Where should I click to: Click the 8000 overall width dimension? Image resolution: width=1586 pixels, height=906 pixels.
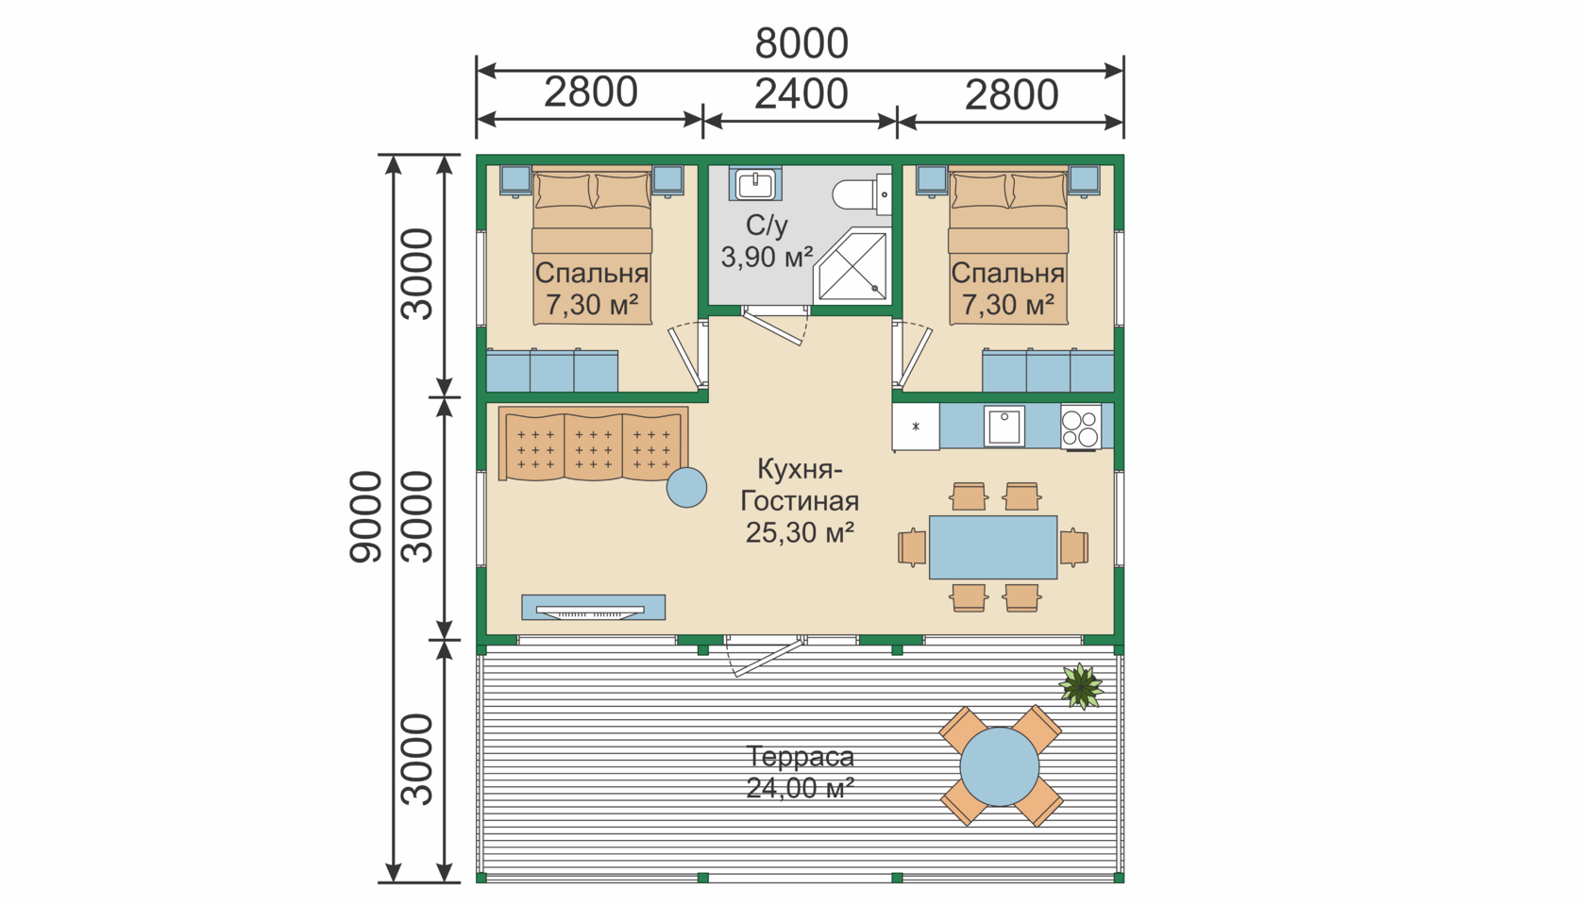tap(801, 43)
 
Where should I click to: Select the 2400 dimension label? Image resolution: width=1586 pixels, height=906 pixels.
tap(801, 94)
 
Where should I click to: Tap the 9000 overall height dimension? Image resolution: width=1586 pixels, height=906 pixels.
tap(366, 517)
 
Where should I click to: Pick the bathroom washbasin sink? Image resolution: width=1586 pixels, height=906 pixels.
tap(755, 185)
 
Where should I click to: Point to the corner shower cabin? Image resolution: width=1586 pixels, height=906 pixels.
tap(852, 264)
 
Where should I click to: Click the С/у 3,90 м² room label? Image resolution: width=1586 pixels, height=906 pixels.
tap(767, 241)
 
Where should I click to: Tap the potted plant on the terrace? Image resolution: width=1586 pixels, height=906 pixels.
tap(1080, 685)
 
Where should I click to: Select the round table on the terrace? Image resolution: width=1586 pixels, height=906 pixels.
tap(1000, 766)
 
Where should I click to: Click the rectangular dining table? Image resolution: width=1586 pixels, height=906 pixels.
tap(993, 547)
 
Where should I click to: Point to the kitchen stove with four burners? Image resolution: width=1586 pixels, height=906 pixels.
tap(1080, 427)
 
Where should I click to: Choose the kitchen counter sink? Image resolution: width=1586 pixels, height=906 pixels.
tap(1004, 427)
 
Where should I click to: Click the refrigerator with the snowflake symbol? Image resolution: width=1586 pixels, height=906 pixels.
tap(916, 427)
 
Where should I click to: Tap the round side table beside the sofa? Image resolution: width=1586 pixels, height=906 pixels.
tap(687, 488)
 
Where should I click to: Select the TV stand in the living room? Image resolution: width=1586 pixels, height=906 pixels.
tap(593, 608)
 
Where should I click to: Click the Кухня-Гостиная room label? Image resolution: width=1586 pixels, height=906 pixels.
tap(800, 500)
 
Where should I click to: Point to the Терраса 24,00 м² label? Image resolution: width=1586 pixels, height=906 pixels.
tap(801, 772)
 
